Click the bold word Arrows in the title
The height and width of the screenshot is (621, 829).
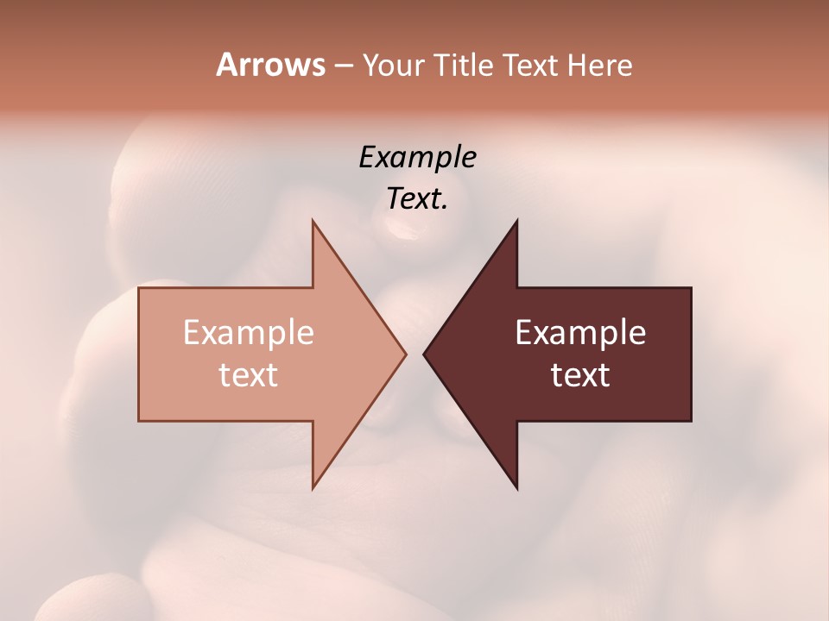click(270, 65)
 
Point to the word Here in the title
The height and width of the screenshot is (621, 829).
click(600, 65)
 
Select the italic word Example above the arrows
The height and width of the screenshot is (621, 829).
click(418, 158)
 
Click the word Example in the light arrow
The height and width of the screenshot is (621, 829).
click(249, 333)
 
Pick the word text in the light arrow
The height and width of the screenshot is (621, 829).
click(249, 375)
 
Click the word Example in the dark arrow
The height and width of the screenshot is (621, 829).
click(580, 333)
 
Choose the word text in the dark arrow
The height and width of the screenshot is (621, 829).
click(580, 375)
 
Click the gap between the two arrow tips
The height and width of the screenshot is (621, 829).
click(414, 354)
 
